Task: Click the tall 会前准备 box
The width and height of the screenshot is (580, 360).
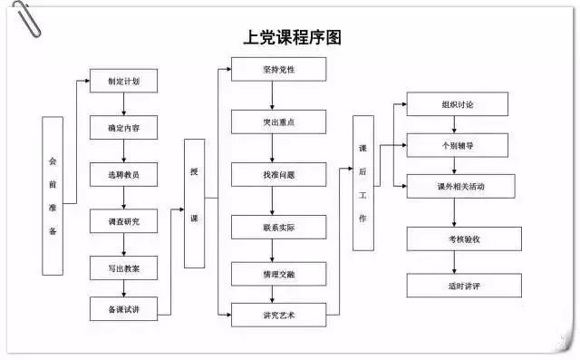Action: tap(53, 195)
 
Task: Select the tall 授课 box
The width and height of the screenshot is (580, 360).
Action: tap(194, 203)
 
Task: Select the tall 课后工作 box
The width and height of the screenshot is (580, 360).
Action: tap(362, 182)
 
